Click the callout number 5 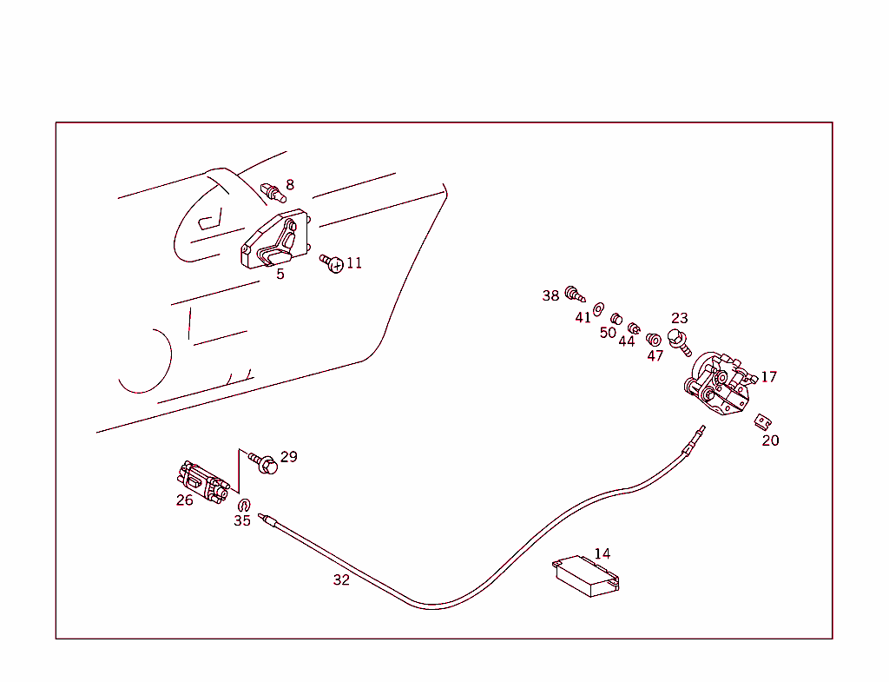[280, 275]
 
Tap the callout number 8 [290, 184]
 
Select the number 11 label [354, 263]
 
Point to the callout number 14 [603, 553]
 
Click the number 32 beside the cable [341, 579]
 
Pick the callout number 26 [185, 500]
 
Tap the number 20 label [771, 440]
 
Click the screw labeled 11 [333, 262]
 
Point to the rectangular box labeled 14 [586, 576]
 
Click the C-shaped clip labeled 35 [243, 505]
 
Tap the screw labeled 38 [573, 294]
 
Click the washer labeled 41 [598, 308]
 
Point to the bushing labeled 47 [655, 338]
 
